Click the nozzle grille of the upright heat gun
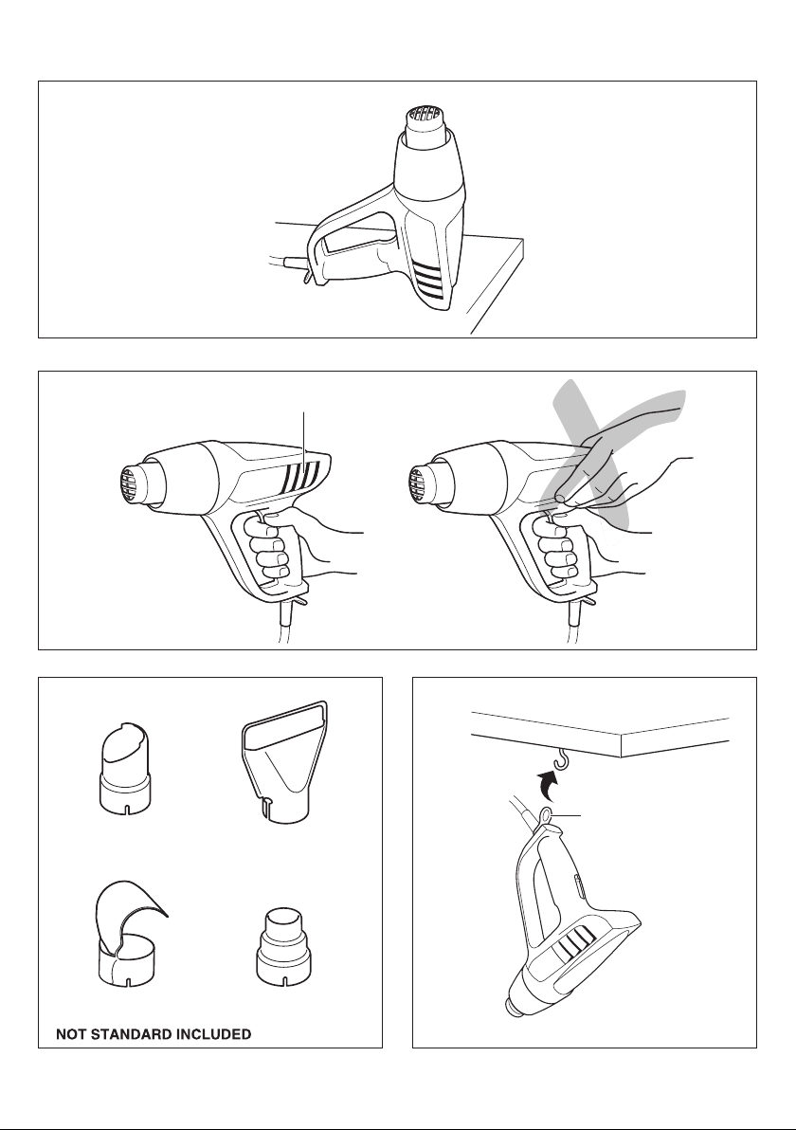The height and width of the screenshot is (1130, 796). point(425,115)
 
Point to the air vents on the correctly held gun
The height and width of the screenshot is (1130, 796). point(301,475)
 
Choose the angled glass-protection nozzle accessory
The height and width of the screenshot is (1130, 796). point(125,768)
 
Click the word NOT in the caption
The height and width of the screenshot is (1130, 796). point(69,1034)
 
